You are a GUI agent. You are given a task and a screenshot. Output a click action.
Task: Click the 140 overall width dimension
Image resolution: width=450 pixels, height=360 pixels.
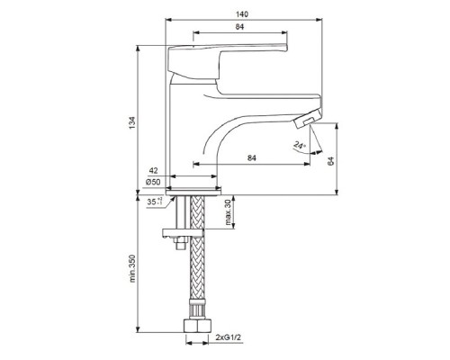(x=242, y=14)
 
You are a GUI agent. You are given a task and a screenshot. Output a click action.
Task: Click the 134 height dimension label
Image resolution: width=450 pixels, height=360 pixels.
(x=132, y=122)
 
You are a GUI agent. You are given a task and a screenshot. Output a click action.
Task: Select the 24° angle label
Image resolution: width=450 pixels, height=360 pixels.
(x=300, y=146)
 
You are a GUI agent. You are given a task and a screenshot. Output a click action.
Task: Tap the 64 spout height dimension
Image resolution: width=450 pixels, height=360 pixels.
(x=330, y=161)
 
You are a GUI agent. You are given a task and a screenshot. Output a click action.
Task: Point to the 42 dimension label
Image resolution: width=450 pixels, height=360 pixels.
(x=153, y=171)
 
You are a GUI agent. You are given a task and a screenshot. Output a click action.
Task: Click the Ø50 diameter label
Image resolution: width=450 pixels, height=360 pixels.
(x=153, y=182)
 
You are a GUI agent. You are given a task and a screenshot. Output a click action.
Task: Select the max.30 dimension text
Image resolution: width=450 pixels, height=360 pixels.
(x=229, y=212)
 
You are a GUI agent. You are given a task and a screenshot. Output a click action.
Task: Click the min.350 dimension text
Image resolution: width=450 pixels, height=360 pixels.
(x=132, y=268)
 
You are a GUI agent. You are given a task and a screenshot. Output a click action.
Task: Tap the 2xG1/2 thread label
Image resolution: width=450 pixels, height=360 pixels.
(x=228, y=337)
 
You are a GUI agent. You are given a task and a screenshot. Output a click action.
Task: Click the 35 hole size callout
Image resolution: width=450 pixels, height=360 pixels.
(x=155, y=202)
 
